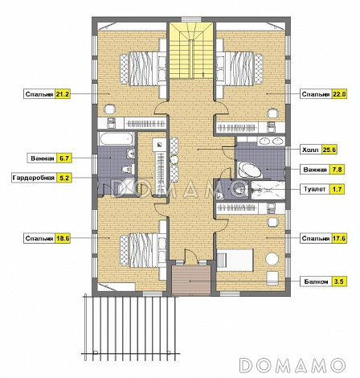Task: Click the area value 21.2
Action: click(63, 94)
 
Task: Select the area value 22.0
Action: click(339, 94)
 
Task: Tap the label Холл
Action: click(310, 150)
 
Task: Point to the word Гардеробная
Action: click(34, 178)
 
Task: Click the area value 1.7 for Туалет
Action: click(337, 189)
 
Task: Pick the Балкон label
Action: click(316, 281)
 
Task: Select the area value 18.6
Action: click(63, 238)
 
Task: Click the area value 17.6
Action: click(339, 238)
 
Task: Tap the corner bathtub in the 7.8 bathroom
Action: click(250, 170)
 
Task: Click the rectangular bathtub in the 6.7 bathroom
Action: click(117, 138)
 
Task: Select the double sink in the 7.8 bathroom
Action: click(272, 141)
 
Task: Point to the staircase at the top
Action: click(191, 51)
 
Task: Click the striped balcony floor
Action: click(190, 280)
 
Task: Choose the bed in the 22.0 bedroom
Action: click(240, 68)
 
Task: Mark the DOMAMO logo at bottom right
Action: click(292, 365)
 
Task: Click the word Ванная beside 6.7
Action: click(43, 158)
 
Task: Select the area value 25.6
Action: click(329, 150)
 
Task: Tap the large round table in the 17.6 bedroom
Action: click(272, 259)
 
